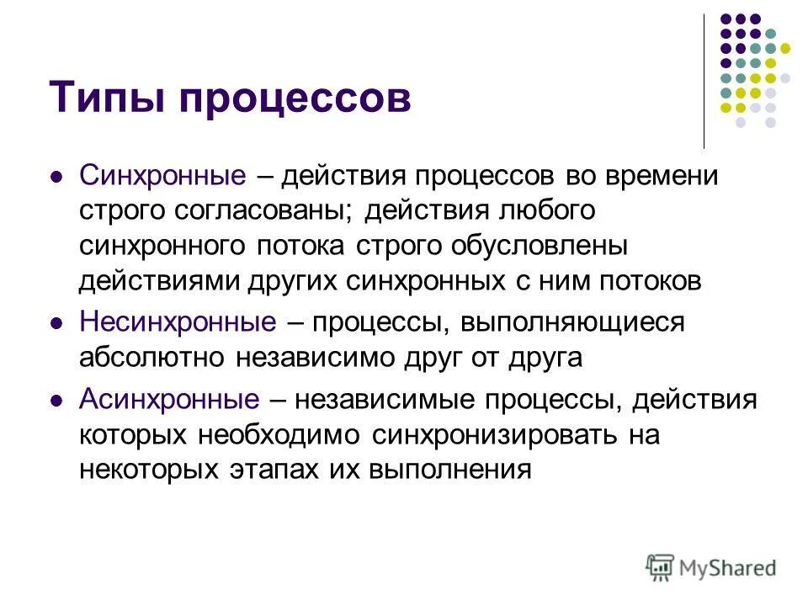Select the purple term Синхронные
(x=162, y=177)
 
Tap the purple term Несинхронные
(x=178, y=322)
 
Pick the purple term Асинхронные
(x=168, y=399)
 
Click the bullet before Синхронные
(x=56, y=178)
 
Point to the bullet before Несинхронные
(x=56, y=323)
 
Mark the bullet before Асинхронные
(x=56, y=401)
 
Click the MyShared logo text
(x=729, y=569)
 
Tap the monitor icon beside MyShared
(x=661, y=567)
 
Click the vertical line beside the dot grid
(x=704, y=80)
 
